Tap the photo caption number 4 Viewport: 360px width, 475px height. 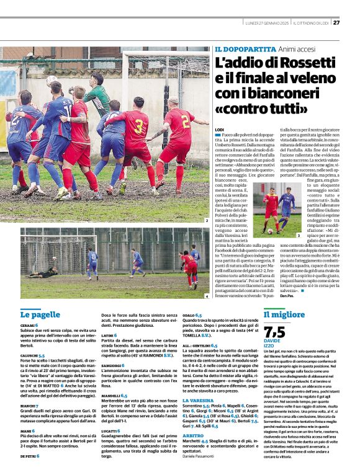[206, 296]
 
